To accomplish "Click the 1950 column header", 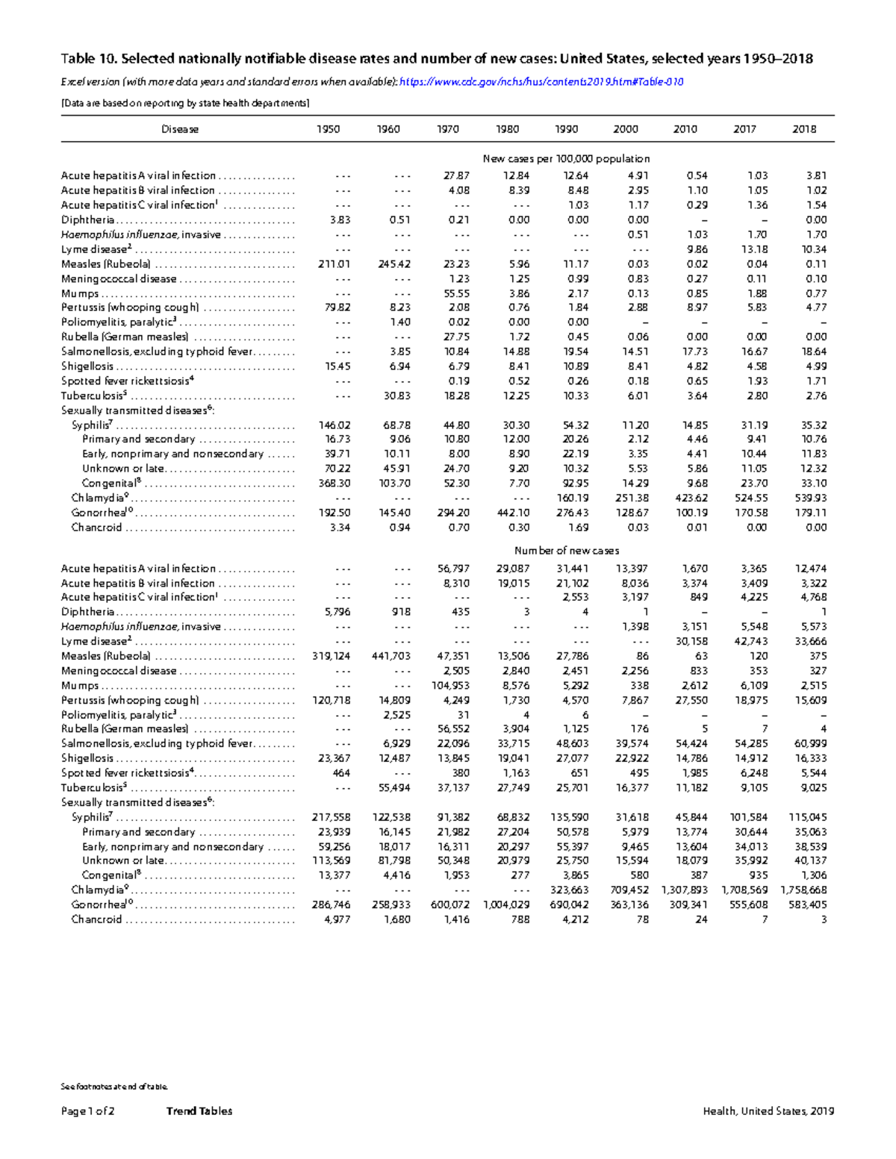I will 328,129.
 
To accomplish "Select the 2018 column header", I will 803,129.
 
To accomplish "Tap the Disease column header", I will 180,129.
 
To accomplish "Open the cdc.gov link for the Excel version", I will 541,82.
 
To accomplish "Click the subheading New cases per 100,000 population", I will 566,159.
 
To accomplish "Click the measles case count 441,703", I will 391,656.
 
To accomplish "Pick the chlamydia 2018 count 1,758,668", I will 803,890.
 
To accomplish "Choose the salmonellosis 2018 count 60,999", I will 809,743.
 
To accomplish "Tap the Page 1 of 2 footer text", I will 87,1111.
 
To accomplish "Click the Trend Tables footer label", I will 199,1111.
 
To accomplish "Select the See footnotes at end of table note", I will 114,1087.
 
